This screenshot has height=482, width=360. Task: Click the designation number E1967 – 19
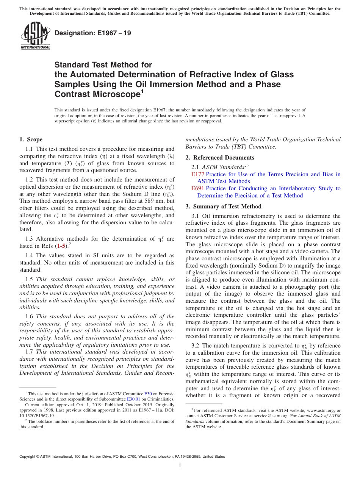(93, 33)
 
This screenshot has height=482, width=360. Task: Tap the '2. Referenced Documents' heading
(220, 157)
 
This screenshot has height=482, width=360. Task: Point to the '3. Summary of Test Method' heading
(223, 207)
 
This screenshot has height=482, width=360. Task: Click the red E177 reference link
(198, 174)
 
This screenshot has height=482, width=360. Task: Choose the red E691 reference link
(198, 188)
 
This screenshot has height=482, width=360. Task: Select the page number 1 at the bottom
(180, 466)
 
